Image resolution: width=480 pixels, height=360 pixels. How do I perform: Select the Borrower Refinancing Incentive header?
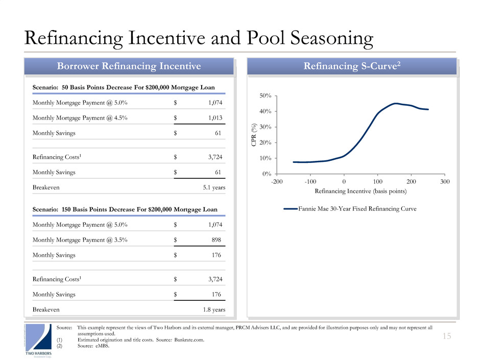click(129, 66)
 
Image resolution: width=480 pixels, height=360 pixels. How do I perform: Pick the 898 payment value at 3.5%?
click(217, 240)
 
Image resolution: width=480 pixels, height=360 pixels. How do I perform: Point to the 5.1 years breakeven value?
click(214, 187)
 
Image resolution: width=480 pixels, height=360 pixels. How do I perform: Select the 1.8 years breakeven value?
click(214, 310)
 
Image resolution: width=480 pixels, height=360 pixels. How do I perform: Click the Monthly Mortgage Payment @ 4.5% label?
click(80, 117)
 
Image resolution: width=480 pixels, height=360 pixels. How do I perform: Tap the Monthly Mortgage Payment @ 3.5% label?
click(80, 240)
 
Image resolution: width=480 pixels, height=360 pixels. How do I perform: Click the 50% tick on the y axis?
click(266, 96)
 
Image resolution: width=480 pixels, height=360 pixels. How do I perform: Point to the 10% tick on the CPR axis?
click(266, 158)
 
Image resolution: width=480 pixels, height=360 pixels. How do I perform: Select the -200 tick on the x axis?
click(277, 182)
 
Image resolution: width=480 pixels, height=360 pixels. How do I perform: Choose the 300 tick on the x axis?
click(445, 182)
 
